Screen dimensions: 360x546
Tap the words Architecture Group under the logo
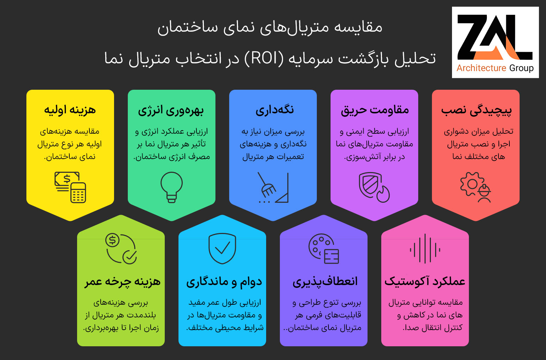[495, 68]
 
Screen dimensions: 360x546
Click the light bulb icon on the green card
[171, 187]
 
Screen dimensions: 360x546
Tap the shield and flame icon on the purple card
[374, 187]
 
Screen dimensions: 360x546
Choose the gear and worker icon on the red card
[476, 187]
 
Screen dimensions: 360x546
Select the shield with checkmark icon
[222, 248]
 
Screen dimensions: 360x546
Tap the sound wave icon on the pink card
[425, 248]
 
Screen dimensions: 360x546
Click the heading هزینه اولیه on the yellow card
[70, 110]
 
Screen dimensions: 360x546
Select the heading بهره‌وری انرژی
[171, 110]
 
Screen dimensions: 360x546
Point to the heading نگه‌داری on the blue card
[275, 110]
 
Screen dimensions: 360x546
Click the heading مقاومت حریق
[375, 110]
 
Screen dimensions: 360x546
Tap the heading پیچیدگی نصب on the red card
[476, 110]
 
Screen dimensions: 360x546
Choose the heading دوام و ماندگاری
[224, 282]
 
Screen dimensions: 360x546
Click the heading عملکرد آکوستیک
[425, 281]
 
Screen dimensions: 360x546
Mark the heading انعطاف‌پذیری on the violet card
[325, 282]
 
